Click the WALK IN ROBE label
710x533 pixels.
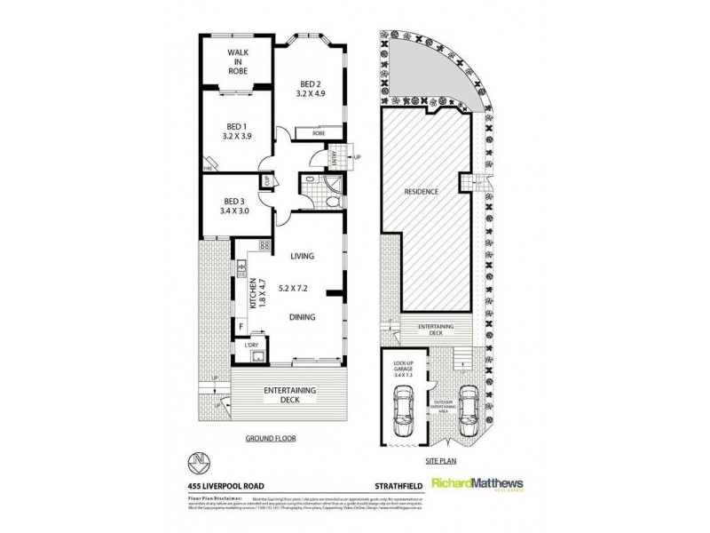pyautogui.click(x=237, y=60)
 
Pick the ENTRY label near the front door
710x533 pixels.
pyautogui.click(x=334, y=157)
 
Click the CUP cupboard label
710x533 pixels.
pyautogui.click(x=264, y=183)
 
